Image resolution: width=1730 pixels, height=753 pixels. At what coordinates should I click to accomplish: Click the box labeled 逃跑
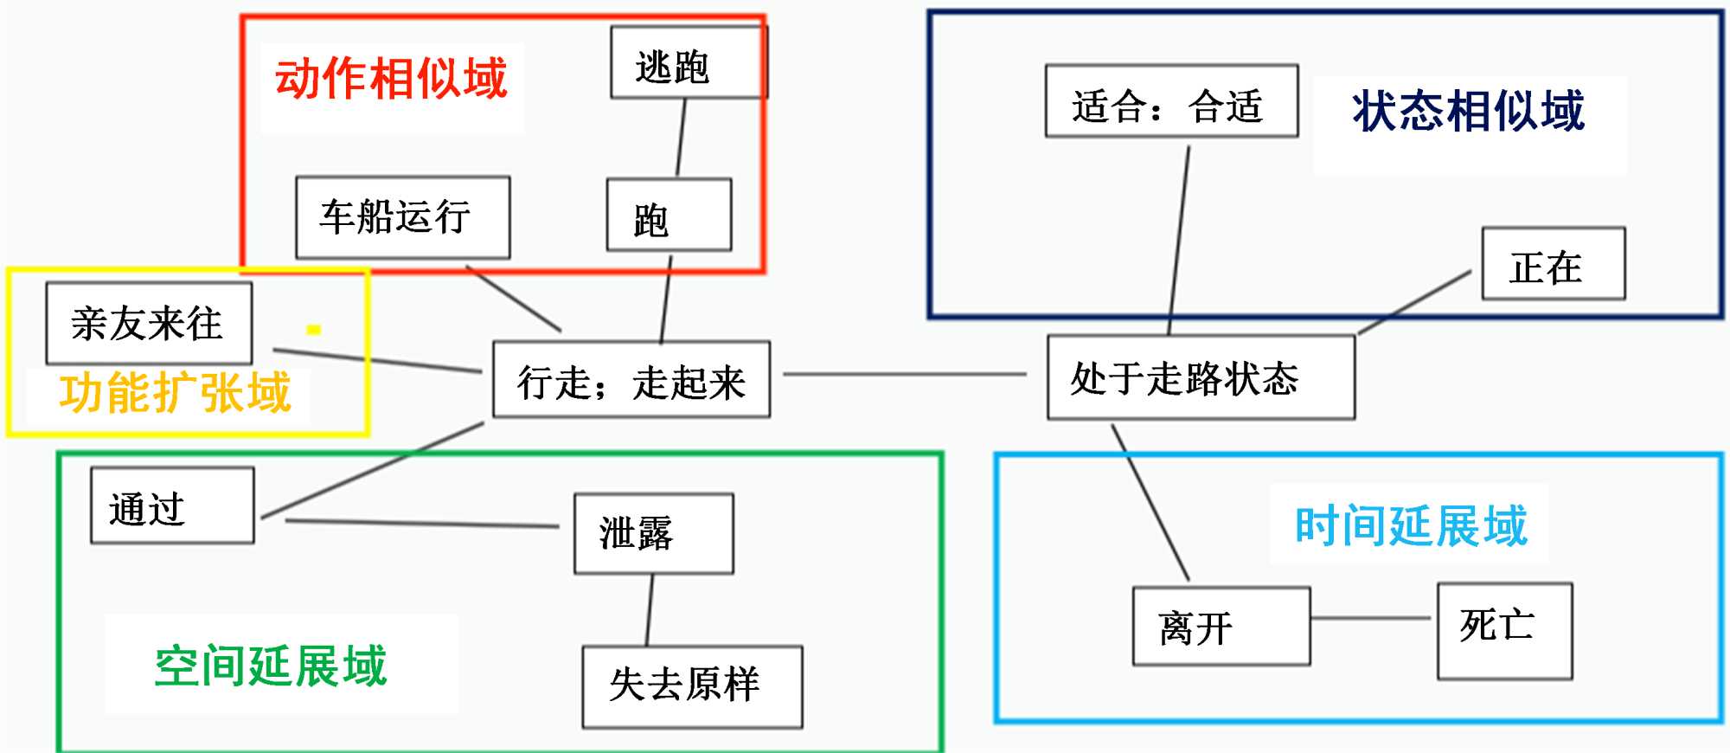[x=688, y=62]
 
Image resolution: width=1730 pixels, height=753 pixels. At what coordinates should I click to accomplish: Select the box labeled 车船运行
[x=402, y=217]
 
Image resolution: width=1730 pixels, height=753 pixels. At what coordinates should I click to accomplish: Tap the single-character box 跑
[x=669, y=216]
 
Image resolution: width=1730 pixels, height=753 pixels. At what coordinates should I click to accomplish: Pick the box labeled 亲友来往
[x=149, y=323]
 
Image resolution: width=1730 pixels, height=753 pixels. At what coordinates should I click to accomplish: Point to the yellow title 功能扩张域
[x=176, y=393]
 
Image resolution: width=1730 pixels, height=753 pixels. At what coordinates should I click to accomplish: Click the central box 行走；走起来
[x=631, y=380]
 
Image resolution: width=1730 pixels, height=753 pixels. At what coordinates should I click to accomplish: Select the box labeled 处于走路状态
[x=1201, y=378]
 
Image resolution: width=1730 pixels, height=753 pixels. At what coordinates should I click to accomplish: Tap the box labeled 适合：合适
[x=1171, y=101]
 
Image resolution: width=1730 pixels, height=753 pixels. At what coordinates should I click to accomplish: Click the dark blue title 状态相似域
[x=1469, y=112]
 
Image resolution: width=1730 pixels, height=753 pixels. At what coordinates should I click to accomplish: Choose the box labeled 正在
[x=1553, y=264]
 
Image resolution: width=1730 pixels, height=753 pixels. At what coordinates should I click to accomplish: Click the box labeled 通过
[x=172, y=505]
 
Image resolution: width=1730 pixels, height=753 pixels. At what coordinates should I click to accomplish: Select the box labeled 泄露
[x=653, y=533]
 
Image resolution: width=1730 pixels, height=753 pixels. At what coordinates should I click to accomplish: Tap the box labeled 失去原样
[x=692, y=686]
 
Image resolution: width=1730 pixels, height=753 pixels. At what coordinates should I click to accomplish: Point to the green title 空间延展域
[x=271, y=666]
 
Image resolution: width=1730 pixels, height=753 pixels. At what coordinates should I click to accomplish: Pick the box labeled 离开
[x=1221, y=626]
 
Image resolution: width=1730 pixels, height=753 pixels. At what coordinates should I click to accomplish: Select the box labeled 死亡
[x=1504, y=630]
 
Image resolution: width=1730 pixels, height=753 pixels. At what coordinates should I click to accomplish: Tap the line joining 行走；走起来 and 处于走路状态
[x=904, y=375]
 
